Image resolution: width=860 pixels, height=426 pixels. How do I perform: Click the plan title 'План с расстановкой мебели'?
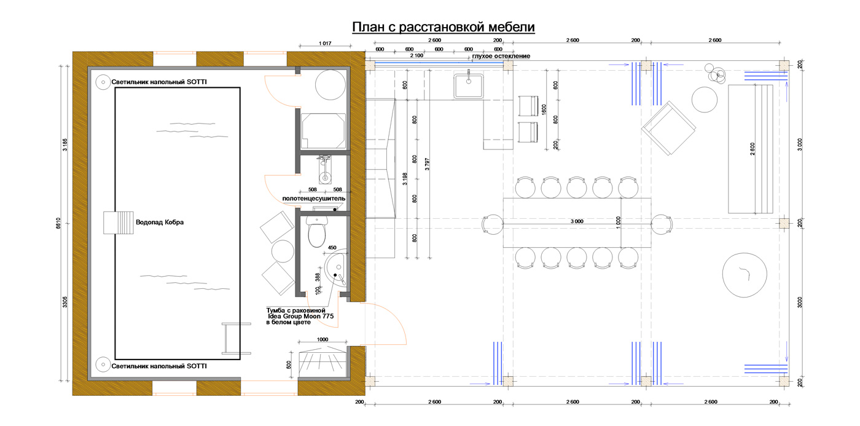coord(444,27)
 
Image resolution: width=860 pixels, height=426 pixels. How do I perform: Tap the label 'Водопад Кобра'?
coord(160,222)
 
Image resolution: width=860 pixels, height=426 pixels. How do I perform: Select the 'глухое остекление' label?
coord(501,56)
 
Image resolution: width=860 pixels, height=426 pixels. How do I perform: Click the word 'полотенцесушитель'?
coord(314,199)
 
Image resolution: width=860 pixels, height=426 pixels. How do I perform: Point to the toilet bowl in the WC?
coord(317,232)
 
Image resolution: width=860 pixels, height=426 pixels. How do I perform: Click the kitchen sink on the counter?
coord(468,85)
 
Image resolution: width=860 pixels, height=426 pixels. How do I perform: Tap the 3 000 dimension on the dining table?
coord(577,221)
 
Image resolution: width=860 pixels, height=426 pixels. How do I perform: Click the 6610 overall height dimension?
coord(58,223)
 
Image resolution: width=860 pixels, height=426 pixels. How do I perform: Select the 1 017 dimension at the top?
coord(325,44)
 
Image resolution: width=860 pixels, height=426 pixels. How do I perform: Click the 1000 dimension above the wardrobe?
coord(322,339)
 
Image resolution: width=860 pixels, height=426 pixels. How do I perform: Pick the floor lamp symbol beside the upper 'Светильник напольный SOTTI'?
coord(103,82)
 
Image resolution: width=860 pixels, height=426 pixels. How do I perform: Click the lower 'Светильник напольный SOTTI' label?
coord(159,366)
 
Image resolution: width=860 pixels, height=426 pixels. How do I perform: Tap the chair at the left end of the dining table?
coord(492,224)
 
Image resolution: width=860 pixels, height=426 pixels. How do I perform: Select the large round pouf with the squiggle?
coord(745,275)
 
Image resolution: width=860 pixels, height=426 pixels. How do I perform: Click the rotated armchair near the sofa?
coord(668,128)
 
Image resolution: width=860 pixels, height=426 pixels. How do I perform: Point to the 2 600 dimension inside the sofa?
coord(752,149)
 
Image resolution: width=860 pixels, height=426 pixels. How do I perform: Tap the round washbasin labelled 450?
coord(335,268)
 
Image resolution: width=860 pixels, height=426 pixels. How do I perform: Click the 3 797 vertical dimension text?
coord(428,164)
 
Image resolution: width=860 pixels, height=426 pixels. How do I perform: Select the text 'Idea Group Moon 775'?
coord(300,316)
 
